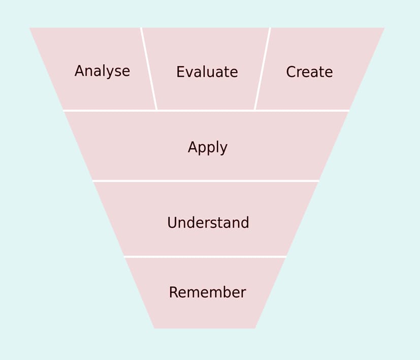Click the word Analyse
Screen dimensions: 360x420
click(x=102, y=71)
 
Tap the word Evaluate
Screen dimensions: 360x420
click(x=207, y=72)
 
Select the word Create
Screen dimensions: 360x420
click(x=309, y=72)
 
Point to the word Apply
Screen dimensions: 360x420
click(x=207, y=148)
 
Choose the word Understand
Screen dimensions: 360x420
click(x=208, y=223)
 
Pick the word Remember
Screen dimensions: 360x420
click(x=207, y=292)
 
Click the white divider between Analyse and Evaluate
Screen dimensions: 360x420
click(x=149, y=69)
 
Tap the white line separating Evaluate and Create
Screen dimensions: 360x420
click(x=262, y=69)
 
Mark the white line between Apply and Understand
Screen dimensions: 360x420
click(x=206, y=180)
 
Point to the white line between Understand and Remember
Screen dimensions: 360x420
click(x=205, y=256)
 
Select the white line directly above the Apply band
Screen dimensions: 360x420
click(x=206, y=110)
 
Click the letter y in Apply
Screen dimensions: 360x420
click(x=224, y=149)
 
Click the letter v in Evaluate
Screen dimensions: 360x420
click(x=189, y=73)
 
